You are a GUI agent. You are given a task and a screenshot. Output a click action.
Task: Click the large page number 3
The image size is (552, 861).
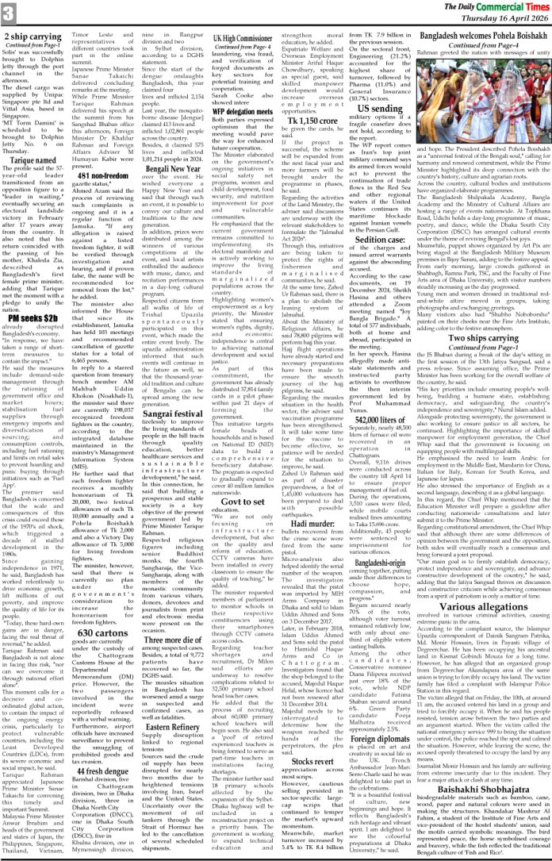[x=9, y=13]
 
